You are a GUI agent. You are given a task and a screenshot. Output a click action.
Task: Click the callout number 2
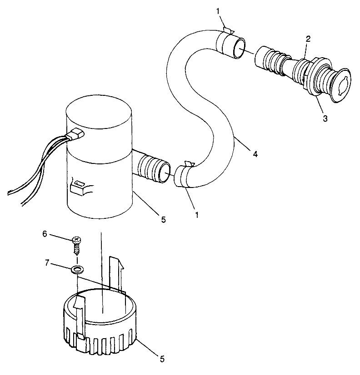tap(308, 39)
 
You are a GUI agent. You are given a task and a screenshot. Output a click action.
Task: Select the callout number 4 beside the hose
tap(255, 154)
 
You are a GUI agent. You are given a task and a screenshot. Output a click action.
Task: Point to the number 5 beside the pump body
tap(163, 220)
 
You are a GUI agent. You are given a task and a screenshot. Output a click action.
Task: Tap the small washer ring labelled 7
tap(78, 270)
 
